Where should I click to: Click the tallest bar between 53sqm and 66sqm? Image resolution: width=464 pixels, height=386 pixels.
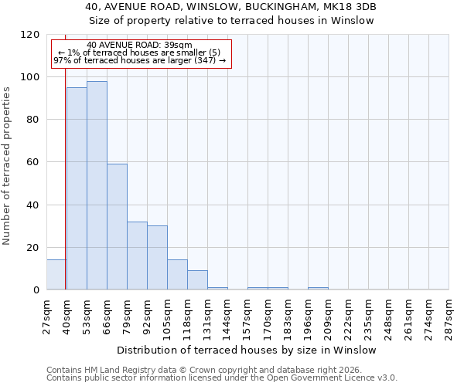(97, 185)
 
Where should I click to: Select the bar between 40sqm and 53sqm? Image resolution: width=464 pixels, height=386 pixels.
(77, 188)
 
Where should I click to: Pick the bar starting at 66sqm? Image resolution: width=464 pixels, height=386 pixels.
(117, 226)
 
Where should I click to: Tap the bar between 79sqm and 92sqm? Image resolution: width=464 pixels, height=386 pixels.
(137, 256)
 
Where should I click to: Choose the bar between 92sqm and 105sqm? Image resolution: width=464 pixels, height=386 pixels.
(157, 258)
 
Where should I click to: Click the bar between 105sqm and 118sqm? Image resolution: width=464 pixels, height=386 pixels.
(177, 275)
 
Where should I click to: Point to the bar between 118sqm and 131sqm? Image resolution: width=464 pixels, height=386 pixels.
(197, 280)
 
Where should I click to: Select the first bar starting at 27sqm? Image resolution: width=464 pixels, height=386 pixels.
(56, 275)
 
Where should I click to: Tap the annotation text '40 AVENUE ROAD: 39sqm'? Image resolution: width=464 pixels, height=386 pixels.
(140, 46)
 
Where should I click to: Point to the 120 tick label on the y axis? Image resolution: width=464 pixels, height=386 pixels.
(30, 35)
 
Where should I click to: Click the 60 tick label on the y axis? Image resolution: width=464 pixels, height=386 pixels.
(33, 162)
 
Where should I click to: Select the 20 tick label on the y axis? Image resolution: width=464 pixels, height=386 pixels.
(33, 248)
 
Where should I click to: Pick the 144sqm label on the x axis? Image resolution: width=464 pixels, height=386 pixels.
(227, 315)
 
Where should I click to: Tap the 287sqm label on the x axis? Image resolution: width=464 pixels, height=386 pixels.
(449, 315)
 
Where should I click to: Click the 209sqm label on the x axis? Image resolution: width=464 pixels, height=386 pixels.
(328, 315)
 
